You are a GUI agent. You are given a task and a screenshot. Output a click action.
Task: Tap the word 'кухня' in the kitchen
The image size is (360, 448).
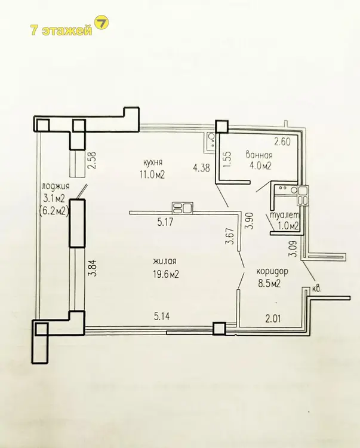click(153, 162)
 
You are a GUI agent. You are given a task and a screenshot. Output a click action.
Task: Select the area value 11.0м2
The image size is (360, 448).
click(152, 174)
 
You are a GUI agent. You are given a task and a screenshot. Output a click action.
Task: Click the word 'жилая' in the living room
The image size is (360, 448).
click(164, 261)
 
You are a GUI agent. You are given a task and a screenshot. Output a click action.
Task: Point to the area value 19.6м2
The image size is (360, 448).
click(166, 274)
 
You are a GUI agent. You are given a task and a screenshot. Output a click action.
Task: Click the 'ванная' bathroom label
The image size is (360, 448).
click(259, 155)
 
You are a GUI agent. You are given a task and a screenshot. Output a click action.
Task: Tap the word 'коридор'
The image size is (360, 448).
click(272, 271)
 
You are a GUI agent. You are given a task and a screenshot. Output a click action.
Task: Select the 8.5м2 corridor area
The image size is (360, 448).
click(269, 283)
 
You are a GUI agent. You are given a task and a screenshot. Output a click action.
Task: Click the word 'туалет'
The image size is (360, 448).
click(284, 215)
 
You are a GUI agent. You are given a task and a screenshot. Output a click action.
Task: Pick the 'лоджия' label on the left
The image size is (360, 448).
click(56, 186)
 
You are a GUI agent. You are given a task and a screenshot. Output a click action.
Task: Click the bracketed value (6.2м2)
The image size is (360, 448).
click(54, 211)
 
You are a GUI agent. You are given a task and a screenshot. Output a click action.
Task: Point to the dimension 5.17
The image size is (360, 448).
click(165, 222)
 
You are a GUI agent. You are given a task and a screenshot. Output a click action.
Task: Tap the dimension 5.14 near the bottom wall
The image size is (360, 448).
click(162, 316)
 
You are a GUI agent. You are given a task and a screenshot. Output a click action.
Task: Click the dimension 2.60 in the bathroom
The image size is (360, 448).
click(282, 142)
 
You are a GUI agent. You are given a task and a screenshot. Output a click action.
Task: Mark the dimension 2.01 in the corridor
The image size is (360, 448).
click(273, 318)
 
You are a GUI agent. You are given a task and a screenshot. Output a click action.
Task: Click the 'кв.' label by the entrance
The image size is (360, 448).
click(316, 289)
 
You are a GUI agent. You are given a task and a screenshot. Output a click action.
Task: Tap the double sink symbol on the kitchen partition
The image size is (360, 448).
click(183, 207)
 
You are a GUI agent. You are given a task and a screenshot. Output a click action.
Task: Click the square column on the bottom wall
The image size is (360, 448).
click(220, 328)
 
